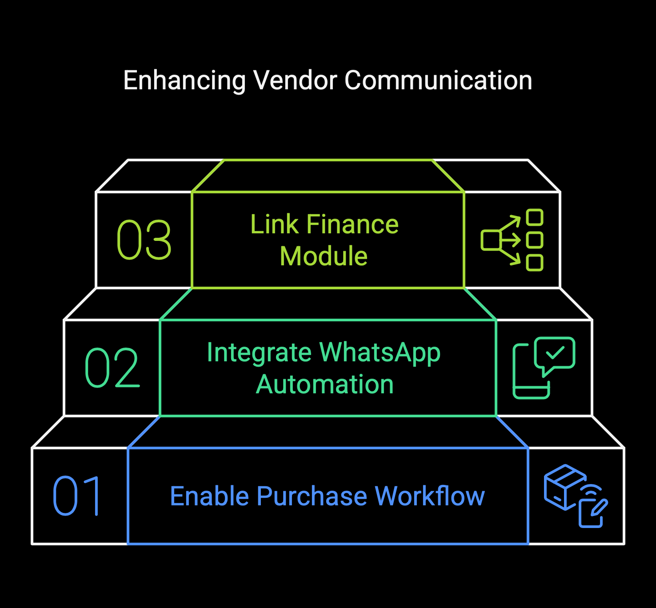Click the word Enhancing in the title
coord(184,81)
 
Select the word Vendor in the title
coord(295,80)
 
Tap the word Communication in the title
coord(438,80)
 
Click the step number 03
coord(144,240)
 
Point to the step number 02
coord(112,368)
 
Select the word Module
coord(324,256)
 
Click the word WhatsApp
coord(380,352)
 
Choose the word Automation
coord(325,384)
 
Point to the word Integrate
coord(259,352)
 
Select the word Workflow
coord(430,496)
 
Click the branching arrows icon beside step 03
coord(512,240)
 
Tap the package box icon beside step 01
coord(564,487)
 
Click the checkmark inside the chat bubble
coord(555,353)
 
